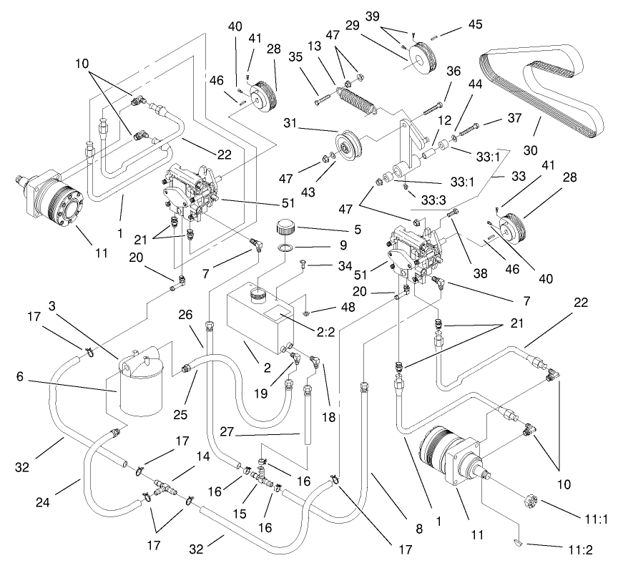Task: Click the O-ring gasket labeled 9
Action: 285,250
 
